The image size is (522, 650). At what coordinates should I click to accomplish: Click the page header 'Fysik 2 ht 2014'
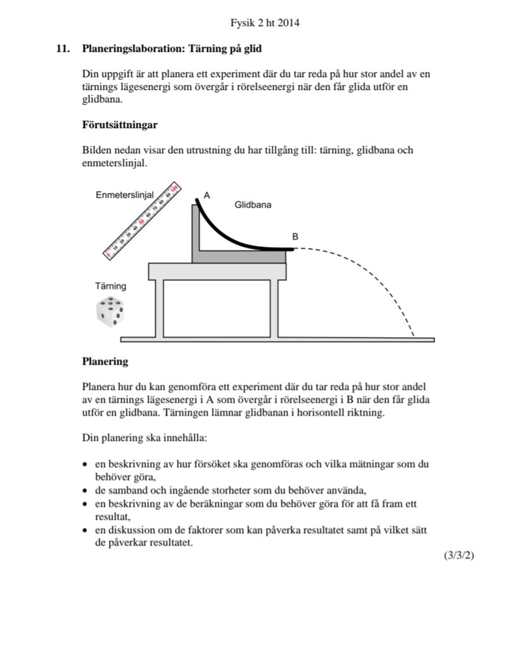[264, 24]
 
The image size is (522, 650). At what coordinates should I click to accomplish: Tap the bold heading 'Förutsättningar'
[119, 124]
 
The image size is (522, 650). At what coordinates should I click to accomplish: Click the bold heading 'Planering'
[105, 361]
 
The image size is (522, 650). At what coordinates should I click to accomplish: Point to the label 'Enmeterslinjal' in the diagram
[125, 195]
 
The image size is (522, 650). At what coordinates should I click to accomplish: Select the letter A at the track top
[207, 195]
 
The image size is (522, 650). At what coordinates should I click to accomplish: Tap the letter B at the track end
[295, 237]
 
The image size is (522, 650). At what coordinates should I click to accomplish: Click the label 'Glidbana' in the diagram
[253, 204]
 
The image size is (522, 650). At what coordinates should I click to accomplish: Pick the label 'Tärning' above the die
[111, 286]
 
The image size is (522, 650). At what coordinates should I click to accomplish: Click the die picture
[111, 312]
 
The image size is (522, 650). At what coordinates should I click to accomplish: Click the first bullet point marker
[85, 466]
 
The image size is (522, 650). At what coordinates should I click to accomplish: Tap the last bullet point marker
[85, 530]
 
